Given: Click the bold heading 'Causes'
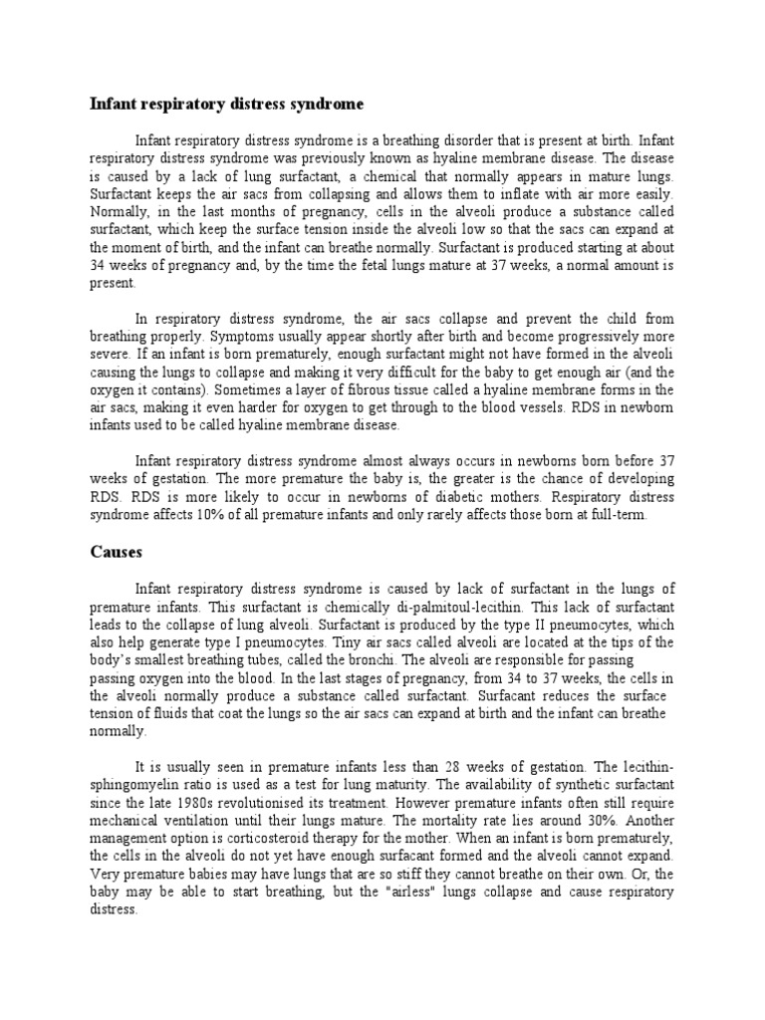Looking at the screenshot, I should click(117, 550).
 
